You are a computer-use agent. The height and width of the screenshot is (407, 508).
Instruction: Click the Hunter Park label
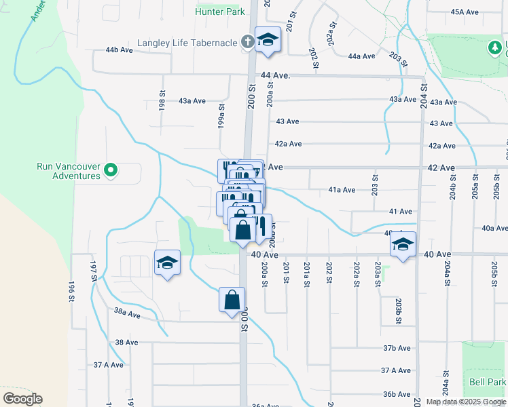[219, 12]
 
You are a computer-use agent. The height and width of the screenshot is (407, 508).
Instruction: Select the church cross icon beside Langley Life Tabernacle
[248, 43]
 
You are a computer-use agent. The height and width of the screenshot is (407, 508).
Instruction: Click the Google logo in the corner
[22, 399]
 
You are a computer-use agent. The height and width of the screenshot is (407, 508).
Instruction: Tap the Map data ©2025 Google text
[466, 402]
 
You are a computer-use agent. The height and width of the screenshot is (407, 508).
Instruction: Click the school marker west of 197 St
[167, 263]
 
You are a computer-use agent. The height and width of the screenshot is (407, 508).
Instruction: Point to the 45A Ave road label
[465, 12]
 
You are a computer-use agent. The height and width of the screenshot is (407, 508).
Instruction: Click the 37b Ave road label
[397, 348]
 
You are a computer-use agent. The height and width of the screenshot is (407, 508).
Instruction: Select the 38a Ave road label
[127, 314]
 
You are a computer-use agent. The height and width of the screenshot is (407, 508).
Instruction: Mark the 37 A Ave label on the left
[109, 364]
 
